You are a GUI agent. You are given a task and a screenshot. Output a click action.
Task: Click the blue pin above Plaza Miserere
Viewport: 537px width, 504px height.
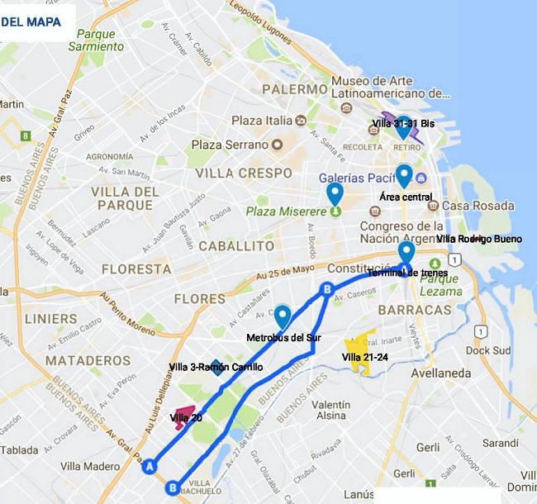335,194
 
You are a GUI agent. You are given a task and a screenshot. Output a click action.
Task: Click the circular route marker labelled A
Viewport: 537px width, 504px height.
150,467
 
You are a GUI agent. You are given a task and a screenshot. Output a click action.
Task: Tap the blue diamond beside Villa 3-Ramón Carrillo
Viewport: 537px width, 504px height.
216,367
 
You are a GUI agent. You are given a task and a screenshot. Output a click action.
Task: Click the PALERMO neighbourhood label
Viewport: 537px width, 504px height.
294,89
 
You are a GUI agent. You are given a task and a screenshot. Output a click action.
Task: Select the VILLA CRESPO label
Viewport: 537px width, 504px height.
244,174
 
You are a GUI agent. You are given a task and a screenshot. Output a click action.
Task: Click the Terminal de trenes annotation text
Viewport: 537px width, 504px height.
411,273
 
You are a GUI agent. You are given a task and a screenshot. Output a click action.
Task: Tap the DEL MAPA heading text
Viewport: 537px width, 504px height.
31,21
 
